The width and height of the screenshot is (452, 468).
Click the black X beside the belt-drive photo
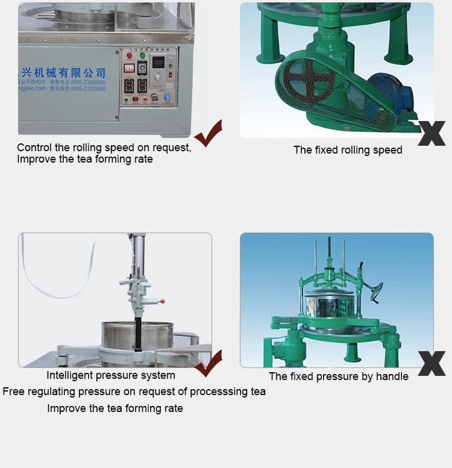pos(432,133)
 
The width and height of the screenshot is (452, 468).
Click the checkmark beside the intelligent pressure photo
pos(208,363)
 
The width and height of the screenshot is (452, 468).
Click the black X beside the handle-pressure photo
pos(432,364)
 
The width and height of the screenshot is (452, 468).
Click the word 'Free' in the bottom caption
pos(13,392)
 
